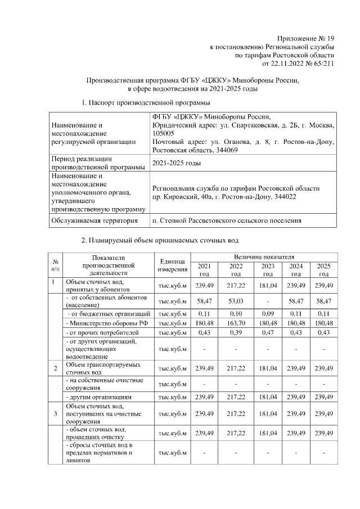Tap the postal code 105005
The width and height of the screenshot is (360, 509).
164,134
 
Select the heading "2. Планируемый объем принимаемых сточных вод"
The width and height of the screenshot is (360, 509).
160,241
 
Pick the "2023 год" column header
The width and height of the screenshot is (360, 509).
268,269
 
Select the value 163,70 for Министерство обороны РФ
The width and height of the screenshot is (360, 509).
236,323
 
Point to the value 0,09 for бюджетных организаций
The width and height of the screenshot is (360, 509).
268,313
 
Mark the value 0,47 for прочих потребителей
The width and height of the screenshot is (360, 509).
268,334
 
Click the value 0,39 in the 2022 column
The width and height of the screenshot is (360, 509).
236,334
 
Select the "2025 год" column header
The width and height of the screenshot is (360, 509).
323,269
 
